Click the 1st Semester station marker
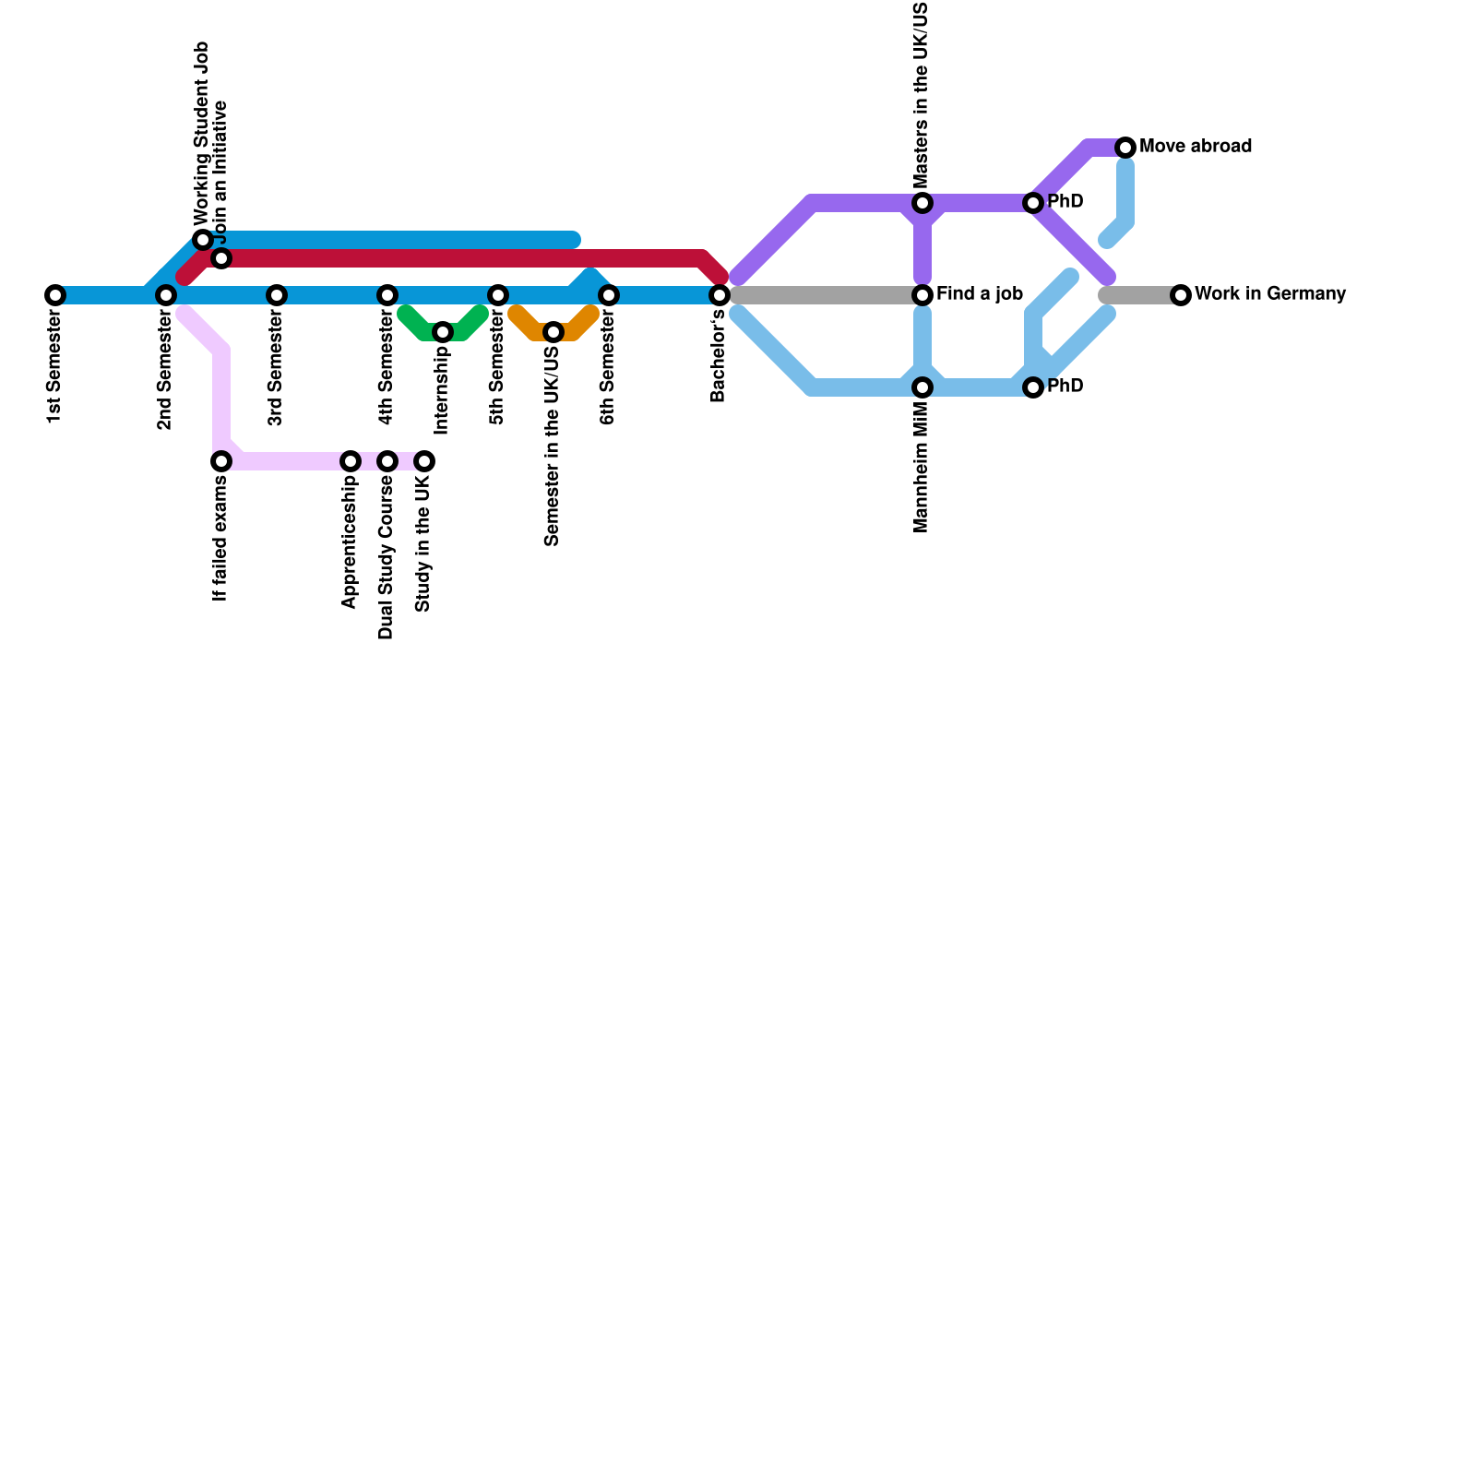pyautogui.click(x=55, y=295)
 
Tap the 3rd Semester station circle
pyautogui.click(x=277, y=295)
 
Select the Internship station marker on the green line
pyautogui.click(x=443, y=332)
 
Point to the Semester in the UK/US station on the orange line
pyautogui.click(x=553, y=332)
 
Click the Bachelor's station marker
pyautogui.click(x=720, y=295)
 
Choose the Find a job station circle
pyautogui.click(x=922, y=295)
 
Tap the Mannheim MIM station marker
pyautogui.click(x=922, y=387)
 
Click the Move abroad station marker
pyautogui.click(x=1125, y=148)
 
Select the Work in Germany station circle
pyautogui.click(x=1181, y=295)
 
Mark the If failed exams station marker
pyautogui.click(x=221, y=461)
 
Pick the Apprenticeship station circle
pyautogui.click(x=351, y=461)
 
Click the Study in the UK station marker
pyautogui.click(x=424, y=461)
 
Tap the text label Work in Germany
pyautogui.click(x=1270, y=294)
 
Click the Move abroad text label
pyautogui.click(x=1196, y=147)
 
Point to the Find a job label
pyautogui.click(x=980, y=294)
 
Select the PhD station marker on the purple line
pyautogui.click(x=1033, y=203)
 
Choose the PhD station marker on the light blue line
pyautogui.click(x=1033, y=387)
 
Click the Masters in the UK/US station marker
pyautogui.click(x=922, y=203)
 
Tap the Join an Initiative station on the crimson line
pyautogui.click(x=221, y=258)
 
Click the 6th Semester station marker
pyautogui.click(x=609, y=295)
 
